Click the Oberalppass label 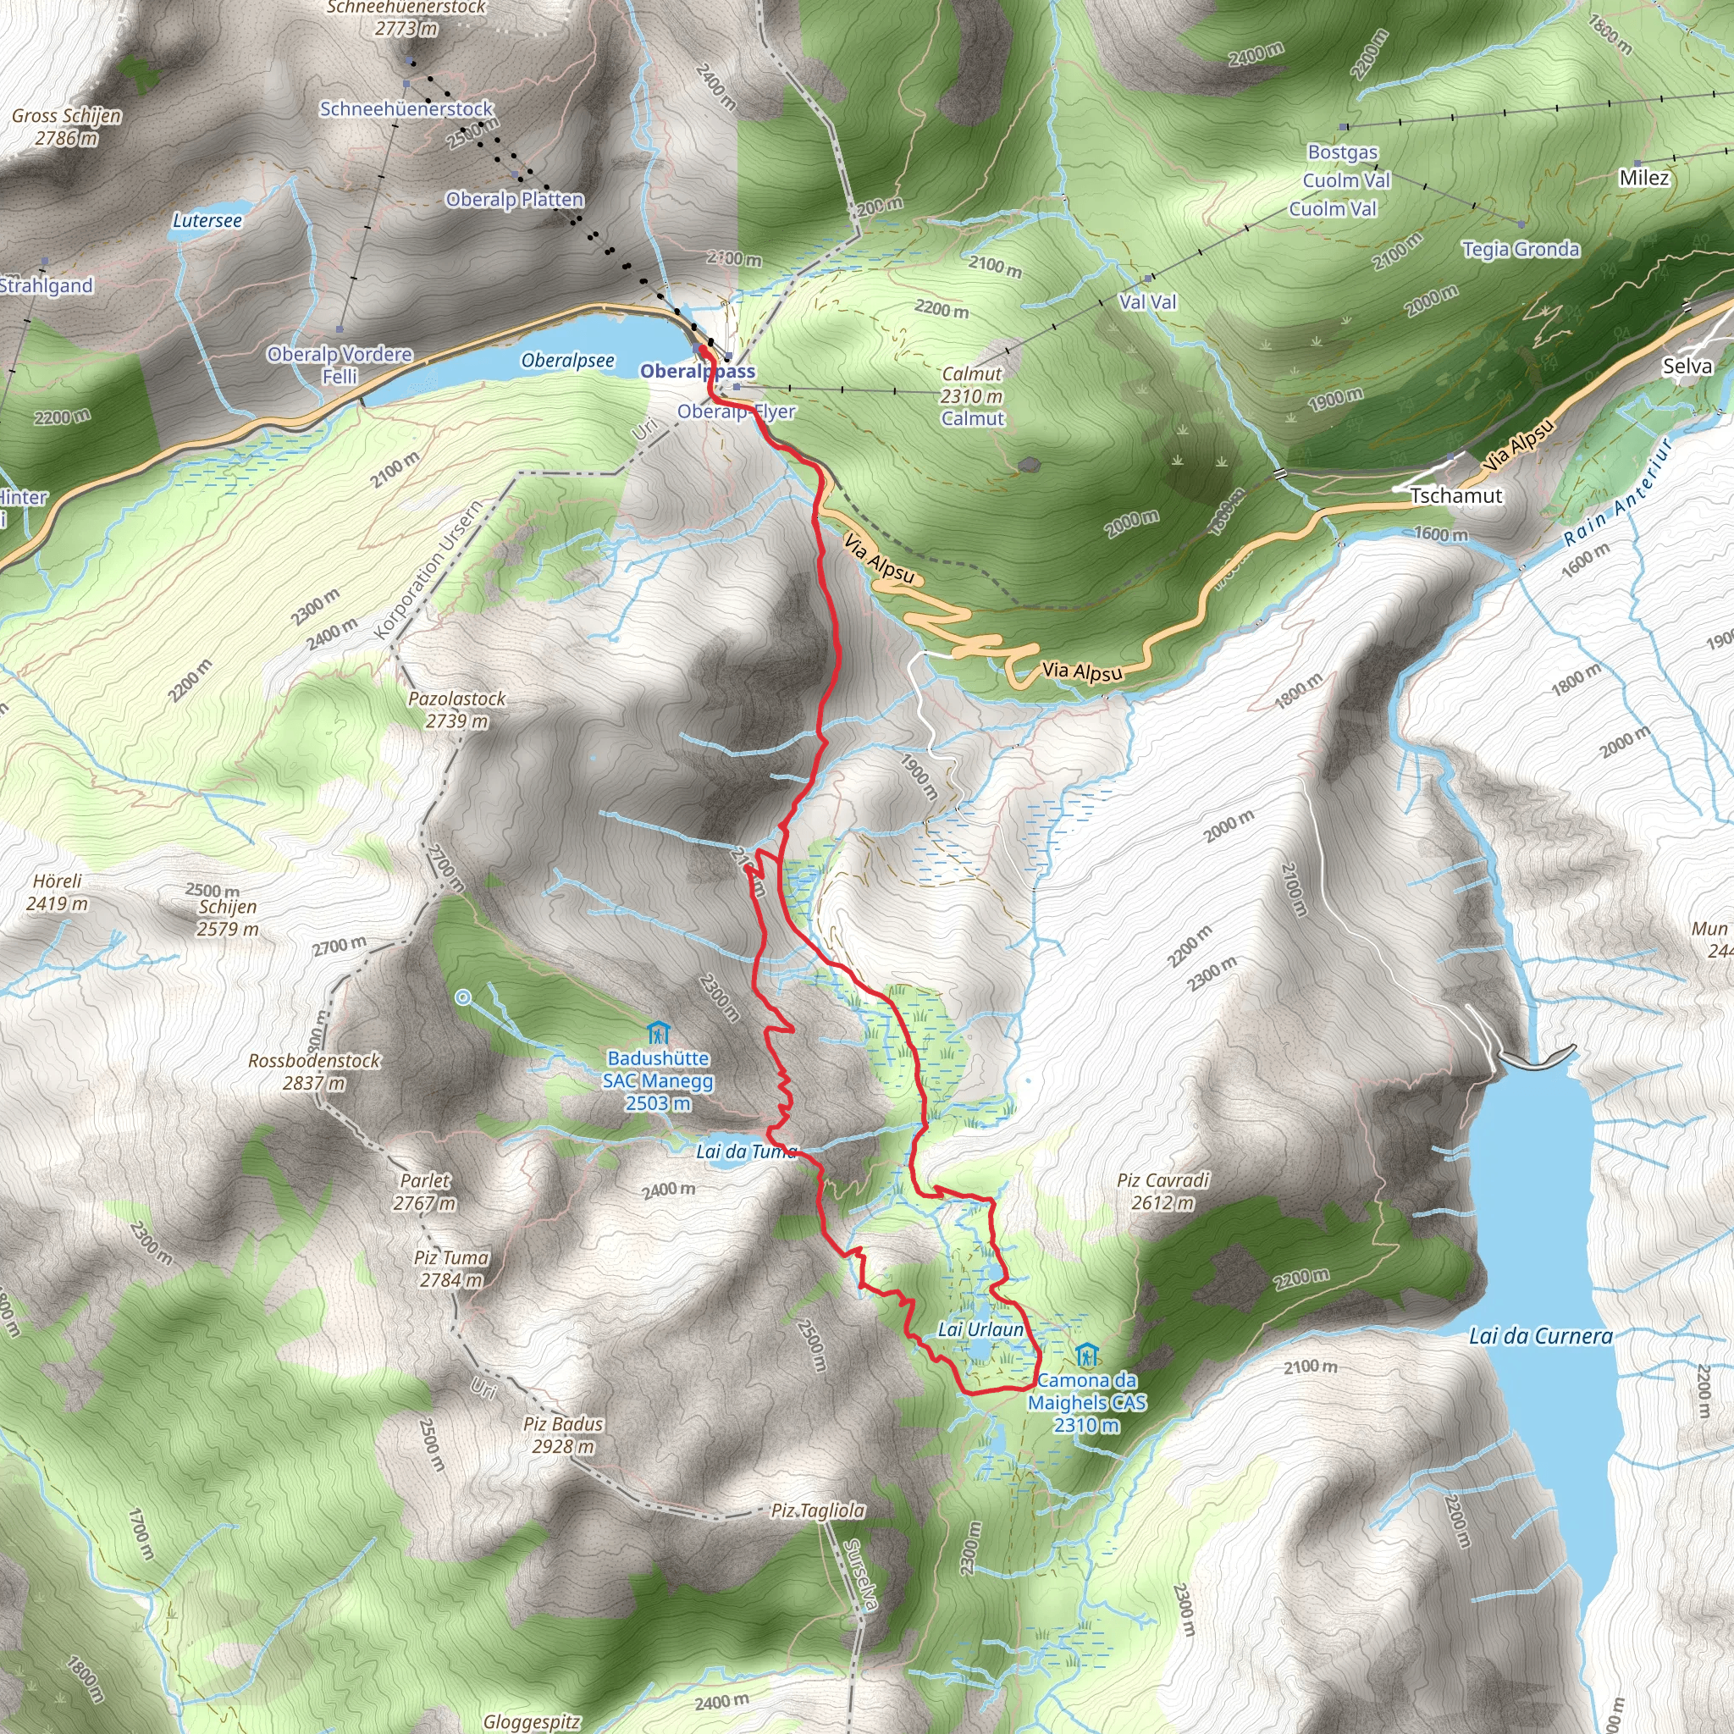[698, 372]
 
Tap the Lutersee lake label [207, 221]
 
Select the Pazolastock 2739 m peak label [457, 710]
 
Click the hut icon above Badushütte [658, 1033]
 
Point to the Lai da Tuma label [746, 1151]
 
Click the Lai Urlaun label [980, 1329]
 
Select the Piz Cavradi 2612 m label [1163, 1191]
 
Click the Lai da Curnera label [1540, 1336]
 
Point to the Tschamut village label [1455, 495]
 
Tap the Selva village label [1687, 366]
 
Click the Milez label [1643, 178]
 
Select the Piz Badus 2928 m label [563, 1435]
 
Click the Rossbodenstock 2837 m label [314, 1072]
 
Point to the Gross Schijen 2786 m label [66, 126]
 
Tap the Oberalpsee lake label [568, 361]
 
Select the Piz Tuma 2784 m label [451, 1269]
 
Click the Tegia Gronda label [1521, 250]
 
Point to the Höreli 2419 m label [58, 892]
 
